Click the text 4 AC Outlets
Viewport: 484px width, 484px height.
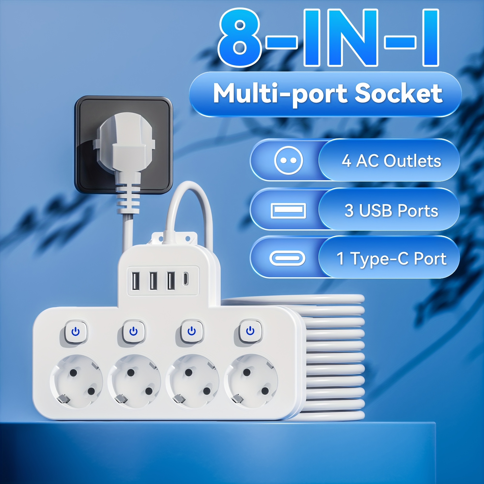click(391, 161)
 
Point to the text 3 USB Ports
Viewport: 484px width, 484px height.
click(391, 211)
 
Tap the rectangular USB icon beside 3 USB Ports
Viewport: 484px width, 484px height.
click(288, 211)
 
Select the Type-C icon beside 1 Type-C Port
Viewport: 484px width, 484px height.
click(287, 258)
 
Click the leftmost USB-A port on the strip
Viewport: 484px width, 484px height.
click(135, 280)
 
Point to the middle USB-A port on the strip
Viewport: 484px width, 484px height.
click(152, 280)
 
